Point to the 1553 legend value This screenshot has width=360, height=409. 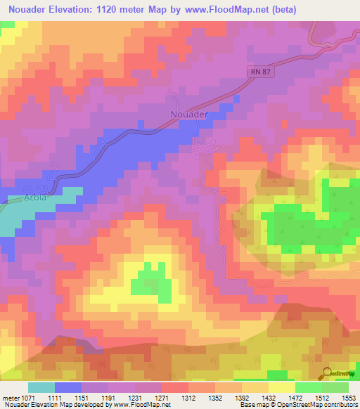point(349,397)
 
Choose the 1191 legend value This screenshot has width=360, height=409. point(108,397)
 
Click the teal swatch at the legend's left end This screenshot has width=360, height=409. point(41,387)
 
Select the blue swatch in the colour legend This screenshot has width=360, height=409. point(68,387)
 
